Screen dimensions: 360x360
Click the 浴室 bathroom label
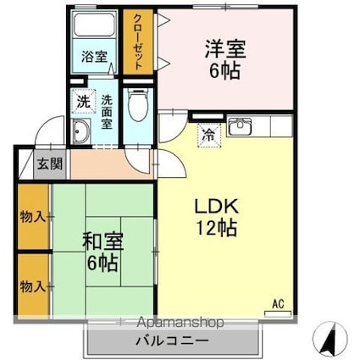94,57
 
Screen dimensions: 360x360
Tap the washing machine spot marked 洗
83,101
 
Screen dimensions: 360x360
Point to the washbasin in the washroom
83,131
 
